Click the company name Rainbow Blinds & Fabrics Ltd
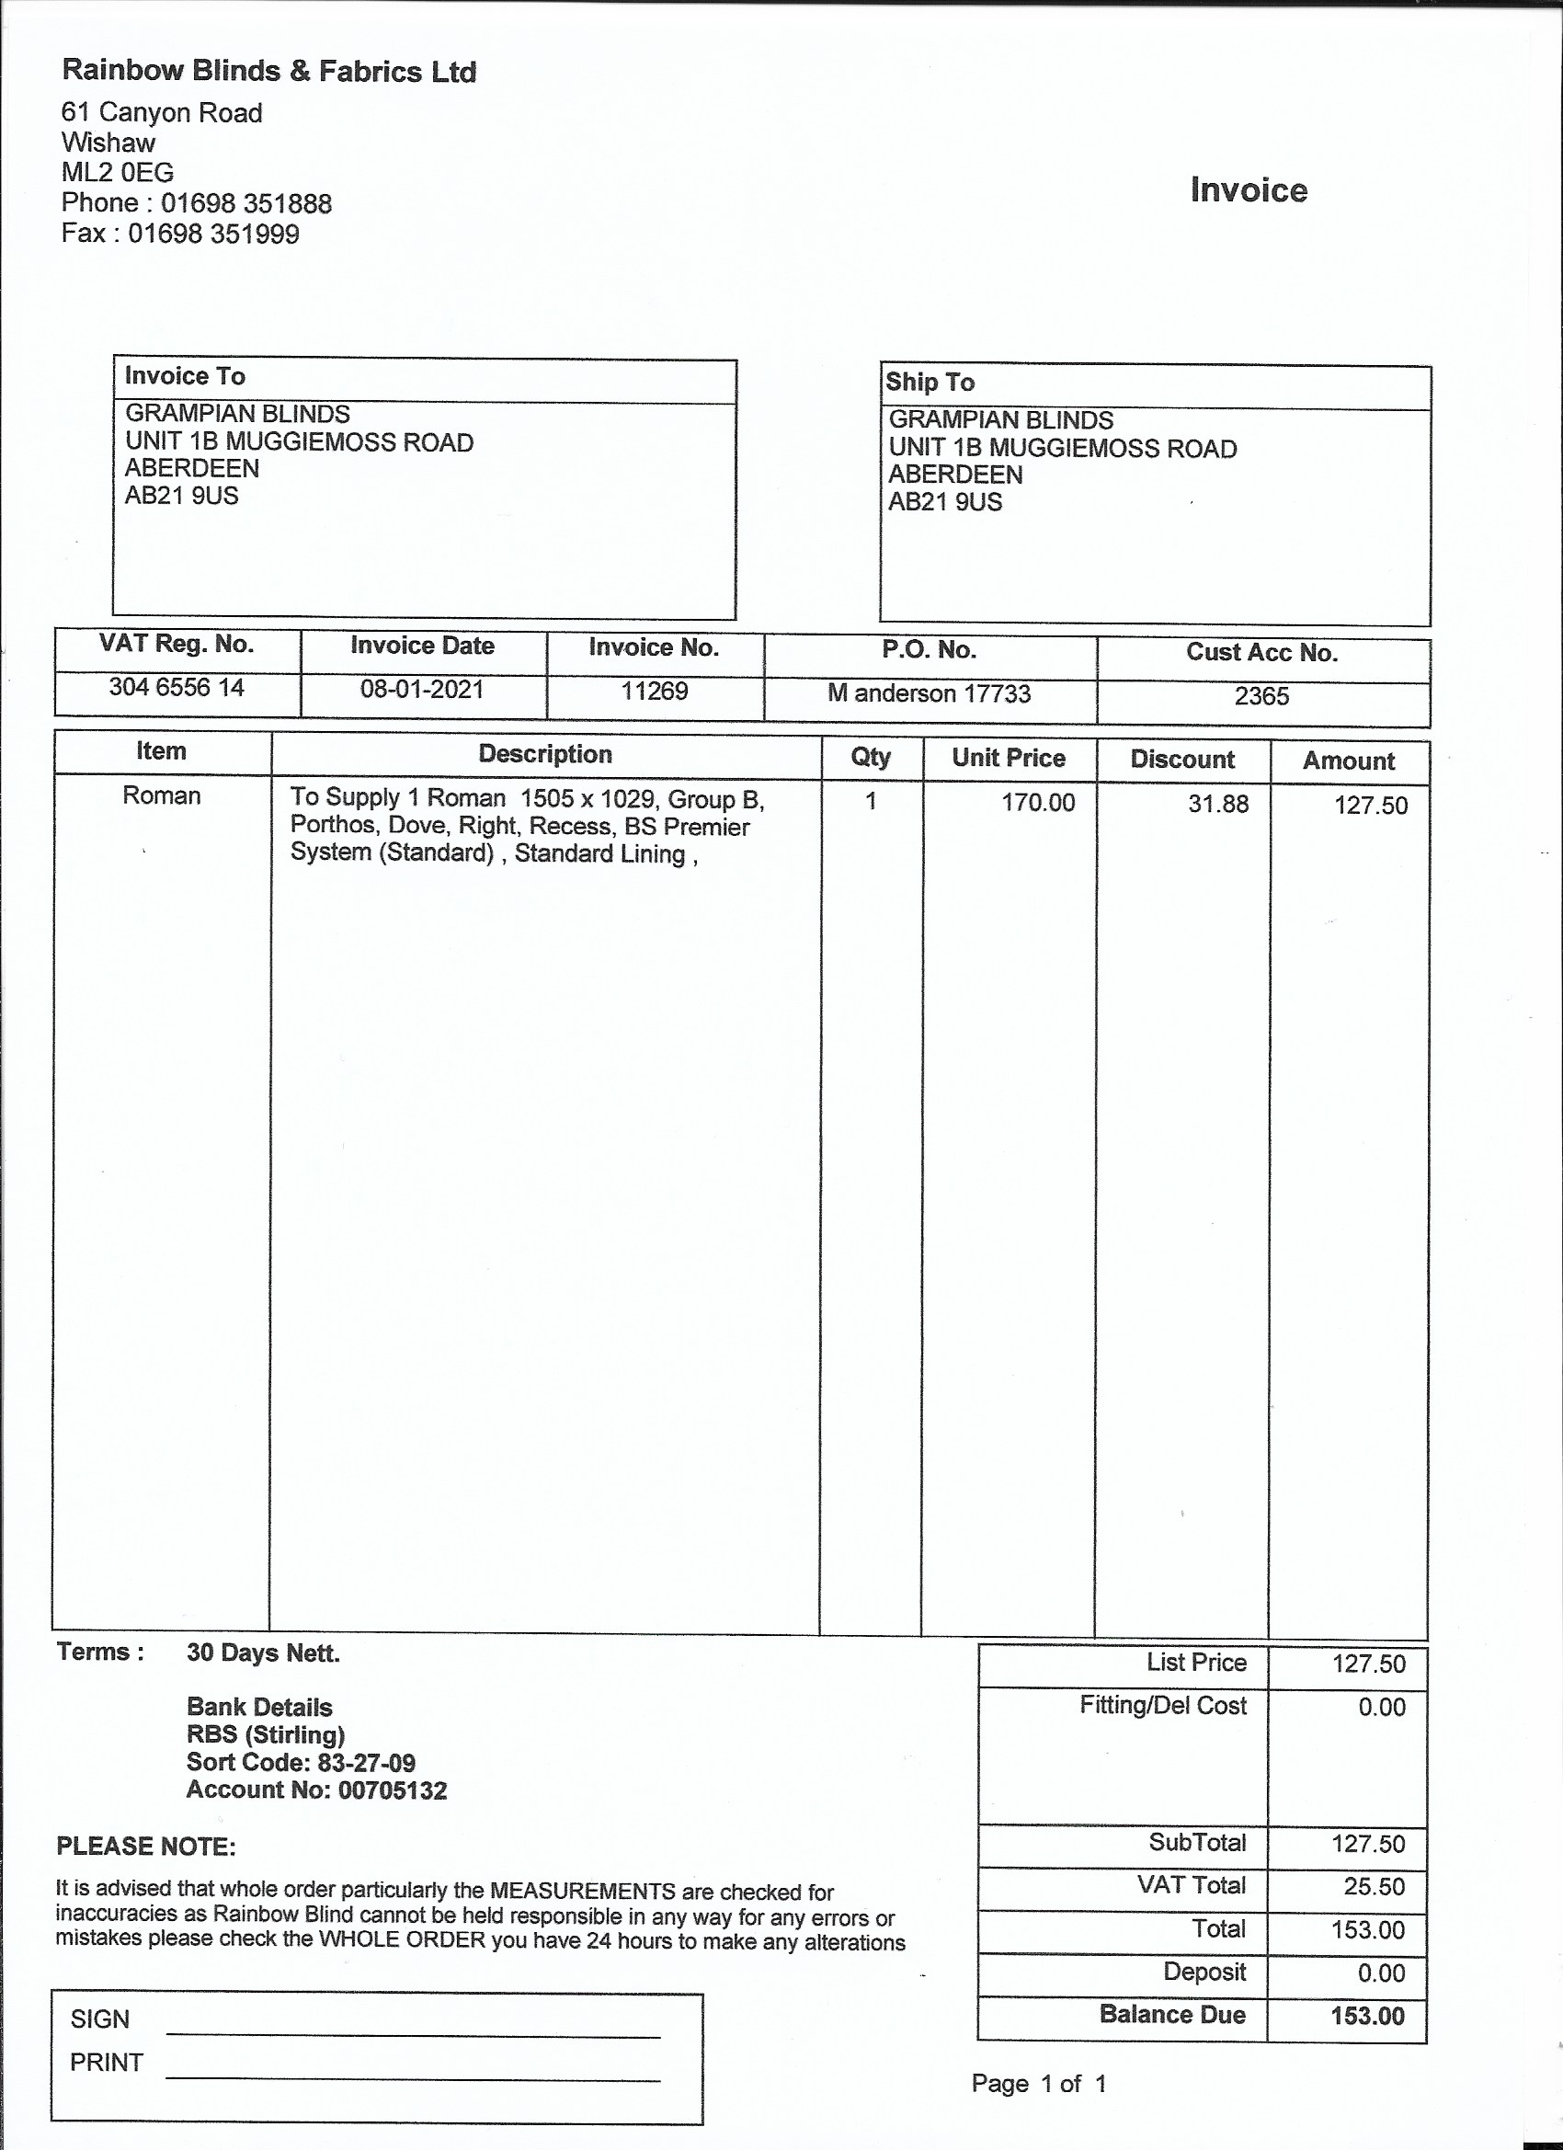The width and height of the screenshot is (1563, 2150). coord(268,71)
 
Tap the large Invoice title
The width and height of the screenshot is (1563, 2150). coord(1249,190)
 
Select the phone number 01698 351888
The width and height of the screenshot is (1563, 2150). coord(245,203)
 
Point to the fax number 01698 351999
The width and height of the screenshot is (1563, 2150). coord(213,234)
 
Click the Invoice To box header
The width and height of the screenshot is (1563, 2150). coord(185,376)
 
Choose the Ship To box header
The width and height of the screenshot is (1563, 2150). coord(930,382)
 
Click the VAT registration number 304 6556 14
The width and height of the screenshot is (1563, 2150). coord(177,687)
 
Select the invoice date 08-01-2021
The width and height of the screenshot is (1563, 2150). coord(422,689)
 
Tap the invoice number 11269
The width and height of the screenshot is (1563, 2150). coord(654,692)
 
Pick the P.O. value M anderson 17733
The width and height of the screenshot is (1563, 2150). coord(929,694)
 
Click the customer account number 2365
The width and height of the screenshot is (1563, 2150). coord(1261,697)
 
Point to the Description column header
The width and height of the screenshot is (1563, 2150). coord(545,755)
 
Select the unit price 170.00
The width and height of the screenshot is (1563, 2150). coord(1038,803)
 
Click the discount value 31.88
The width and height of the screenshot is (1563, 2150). coord(1218,805)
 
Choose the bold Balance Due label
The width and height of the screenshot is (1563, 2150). coord(1171,2016)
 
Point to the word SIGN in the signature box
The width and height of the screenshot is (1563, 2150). coord(99,2020)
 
